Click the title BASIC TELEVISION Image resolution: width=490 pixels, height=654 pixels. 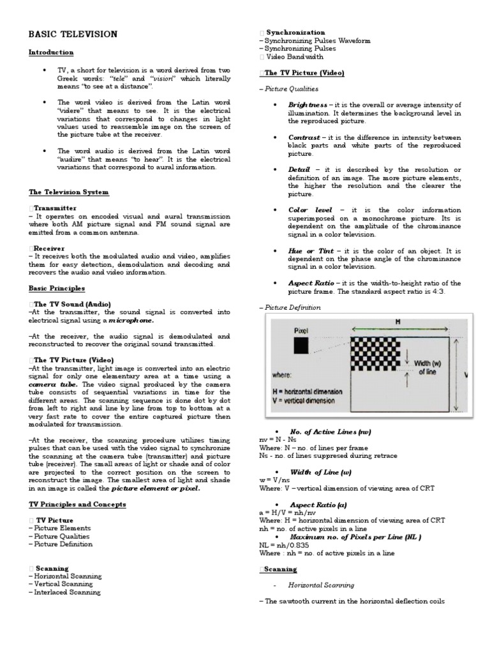tap(73, 34)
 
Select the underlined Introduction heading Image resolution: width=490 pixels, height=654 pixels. tap(51, 52)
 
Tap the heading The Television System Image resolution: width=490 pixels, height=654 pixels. tap(69, 192)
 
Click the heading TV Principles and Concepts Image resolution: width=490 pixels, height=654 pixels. tap(77, 505)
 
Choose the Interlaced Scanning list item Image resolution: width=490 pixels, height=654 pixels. tap(64, 592)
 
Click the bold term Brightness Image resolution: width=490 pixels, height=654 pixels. tap(308, 105)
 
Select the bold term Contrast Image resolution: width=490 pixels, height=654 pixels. tap(304, 137)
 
